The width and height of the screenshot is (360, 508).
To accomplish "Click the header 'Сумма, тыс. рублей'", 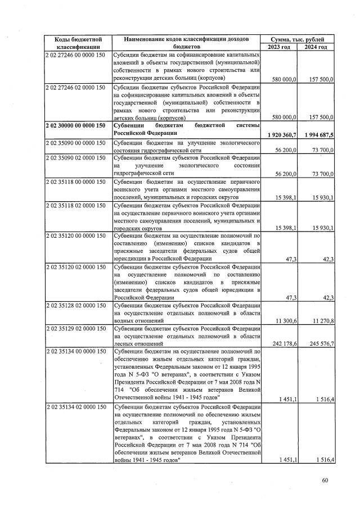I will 299,39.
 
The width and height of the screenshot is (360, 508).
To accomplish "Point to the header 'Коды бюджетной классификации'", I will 78,43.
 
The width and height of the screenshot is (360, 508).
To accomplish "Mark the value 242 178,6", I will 282,343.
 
